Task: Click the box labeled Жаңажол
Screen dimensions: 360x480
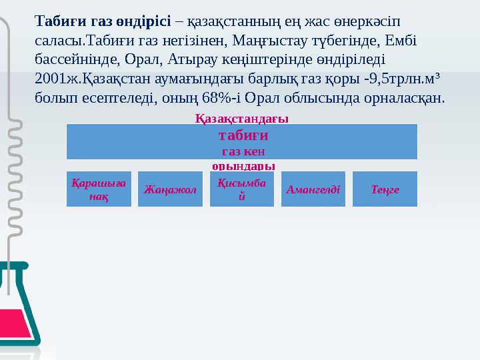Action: coord(170,189)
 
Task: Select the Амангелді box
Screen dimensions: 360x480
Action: coord(313,189)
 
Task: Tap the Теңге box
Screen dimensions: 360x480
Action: coord(385,189)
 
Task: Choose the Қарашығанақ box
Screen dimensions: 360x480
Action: coord(99,189)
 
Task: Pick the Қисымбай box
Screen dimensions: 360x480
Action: coord(242,189)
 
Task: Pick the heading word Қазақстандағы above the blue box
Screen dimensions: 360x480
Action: coord(241,118)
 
